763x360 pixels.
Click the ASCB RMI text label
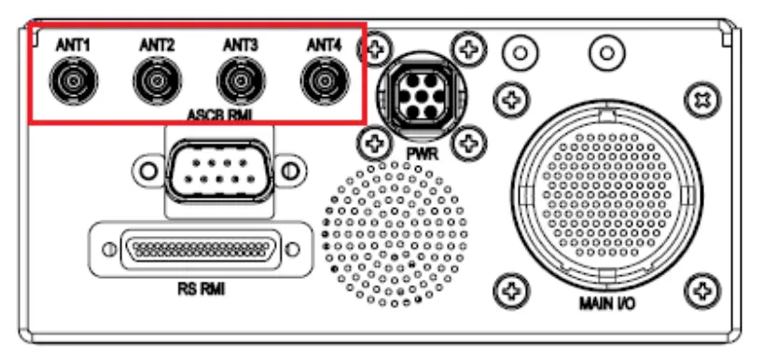coord(215,116)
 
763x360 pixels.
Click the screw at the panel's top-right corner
coord(699,97)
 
